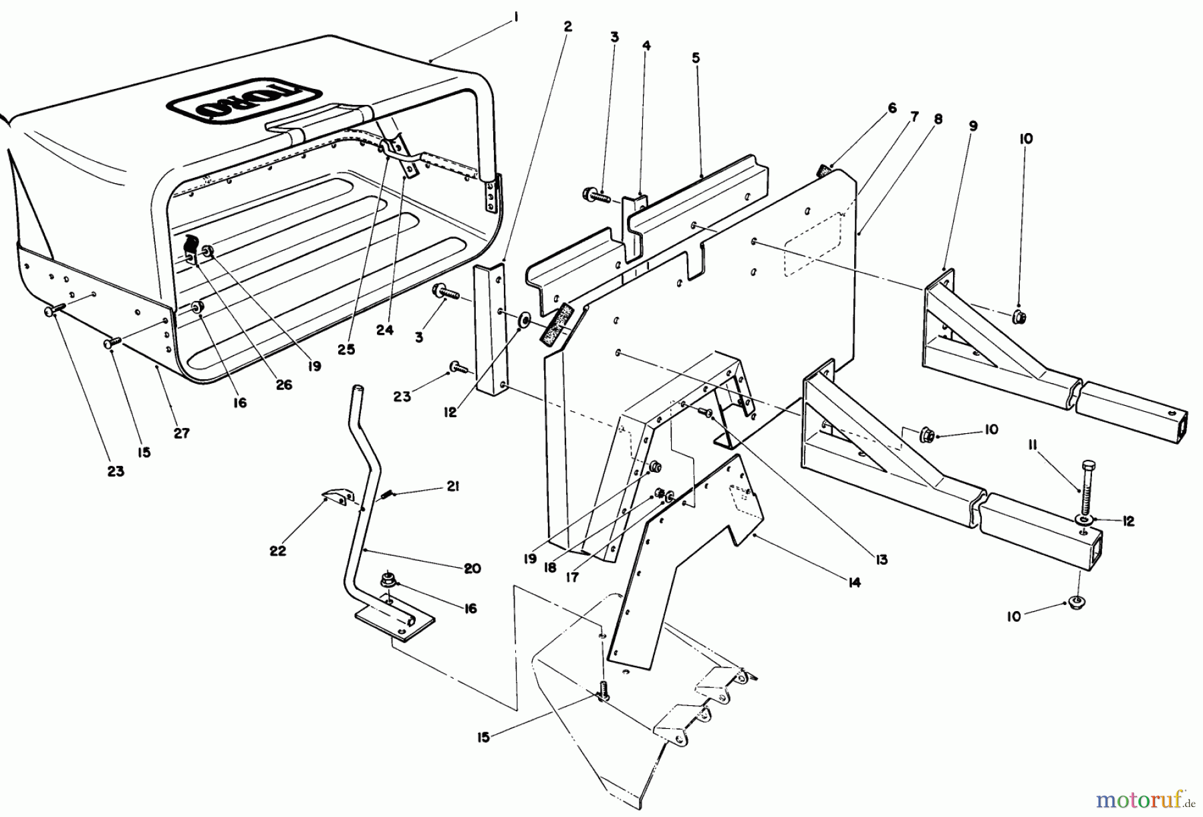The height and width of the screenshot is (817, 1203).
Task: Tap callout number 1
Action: click(x=516, y=20)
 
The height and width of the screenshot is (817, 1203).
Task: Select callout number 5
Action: click(x=696, y=58)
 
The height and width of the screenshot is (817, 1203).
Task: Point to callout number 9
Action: click(x=973, y=125)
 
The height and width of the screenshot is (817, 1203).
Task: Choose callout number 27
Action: click(x=182, y=433)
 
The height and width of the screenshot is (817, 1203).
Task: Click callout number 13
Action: click(x=882, y=560)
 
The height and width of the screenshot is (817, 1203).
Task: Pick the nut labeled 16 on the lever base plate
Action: click(x=387, y=579)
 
